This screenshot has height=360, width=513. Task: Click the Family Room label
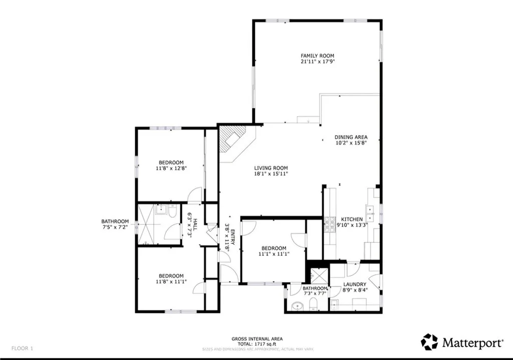click(317, 56)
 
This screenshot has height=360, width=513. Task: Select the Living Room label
click(271, 168)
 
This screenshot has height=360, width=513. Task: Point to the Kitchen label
click(352, 219)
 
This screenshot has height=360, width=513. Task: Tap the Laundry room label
click(355, 284)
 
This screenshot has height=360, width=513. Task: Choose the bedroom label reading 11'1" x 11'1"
click(273, 254)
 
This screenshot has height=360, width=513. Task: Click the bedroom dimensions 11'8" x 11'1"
click(171, 282)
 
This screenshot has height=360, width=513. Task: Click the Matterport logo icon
click(429, 342)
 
